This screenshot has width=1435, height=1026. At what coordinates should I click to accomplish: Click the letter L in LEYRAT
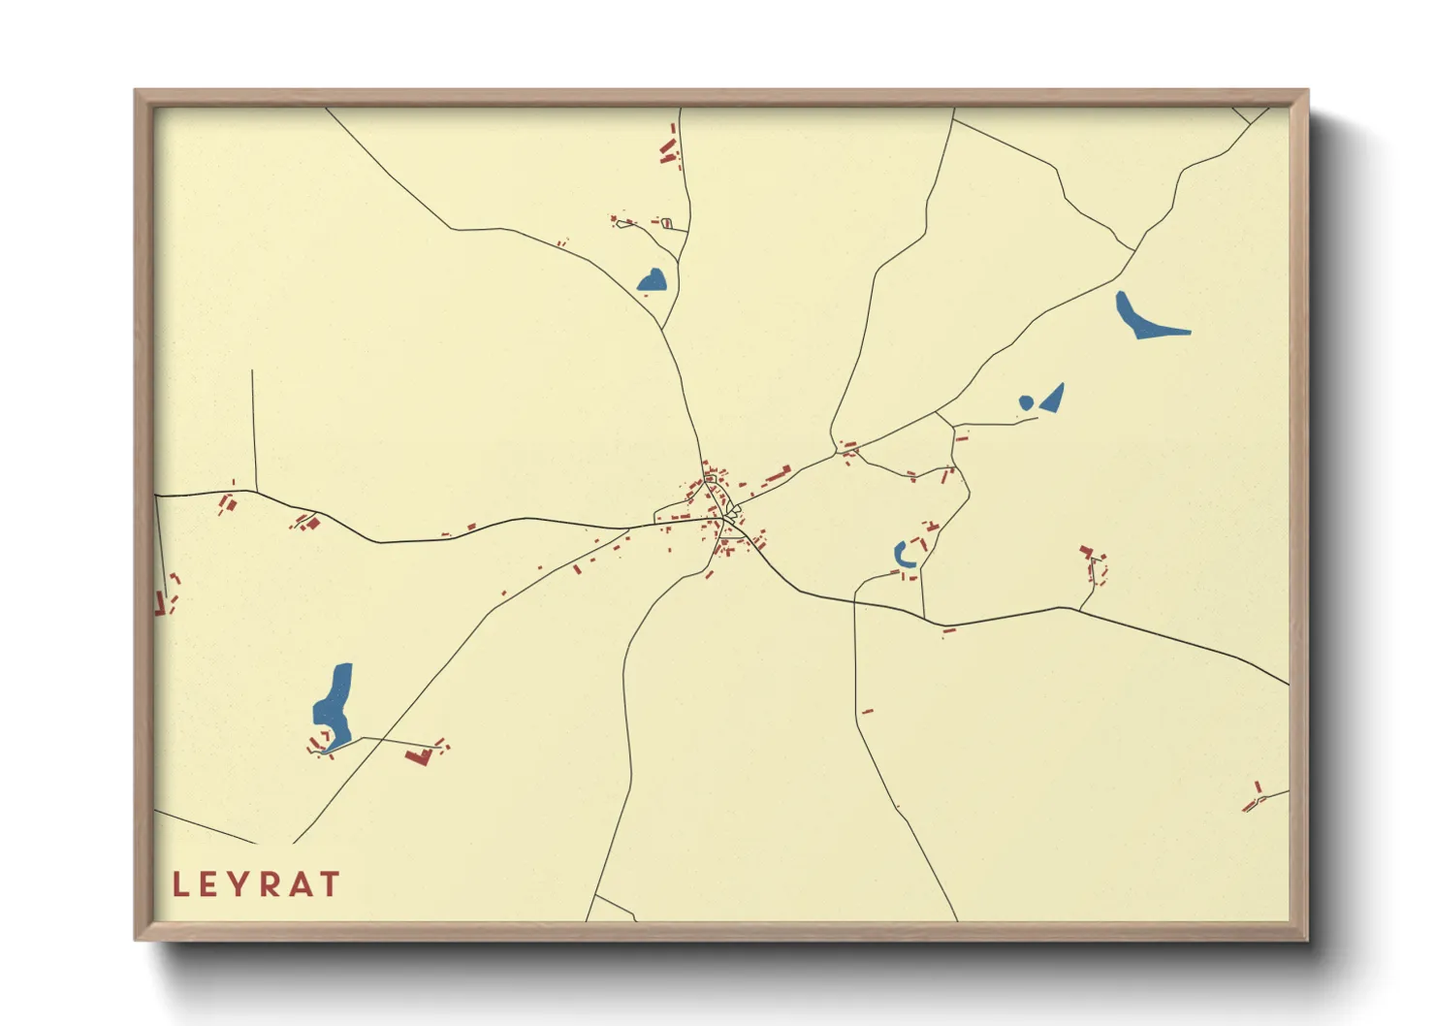coord(180,884)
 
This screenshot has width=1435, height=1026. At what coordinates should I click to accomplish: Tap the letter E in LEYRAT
coord(209,884)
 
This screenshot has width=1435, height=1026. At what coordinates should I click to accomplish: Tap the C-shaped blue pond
coord(901,555)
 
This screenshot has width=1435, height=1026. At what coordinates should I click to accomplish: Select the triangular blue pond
coord(1054,398)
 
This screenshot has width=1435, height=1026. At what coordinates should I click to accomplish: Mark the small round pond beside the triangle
coord(1026,402)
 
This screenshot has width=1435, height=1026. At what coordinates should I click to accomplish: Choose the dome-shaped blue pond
coord(653,281)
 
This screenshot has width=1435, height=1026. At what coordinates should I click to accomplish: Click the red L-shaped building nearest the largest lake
coord(420,756)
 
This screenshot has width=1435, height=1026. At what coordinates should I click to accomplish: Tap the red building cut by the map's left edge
coord(159,603)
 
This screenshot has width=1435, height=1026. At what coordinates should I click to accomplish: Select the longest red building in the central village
coord(778,475)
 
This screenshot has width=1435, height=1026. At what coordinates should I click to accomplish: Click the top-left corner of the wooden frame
coord(137,91)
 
